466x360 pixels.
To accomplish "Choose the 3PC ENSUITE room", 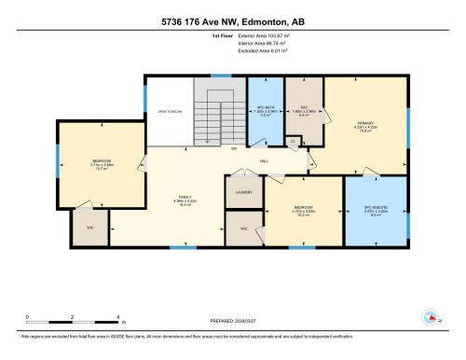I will pos(377,210).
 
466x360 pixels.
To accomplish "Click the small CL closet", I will pos(293,142).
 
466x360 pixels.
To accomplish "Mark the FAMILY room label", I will pos(186,198).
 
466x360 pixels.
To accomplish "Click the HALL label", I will pos(266,159).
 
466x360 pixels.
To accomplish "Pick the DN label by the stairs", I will pos(234,149).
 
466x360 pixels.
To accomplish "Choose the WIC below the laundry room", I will pos(243,228).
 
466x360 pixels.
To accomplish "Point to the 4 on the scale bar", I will pos(117,317).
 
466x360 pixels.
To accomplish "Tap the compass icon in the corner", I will pos(431,318).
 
